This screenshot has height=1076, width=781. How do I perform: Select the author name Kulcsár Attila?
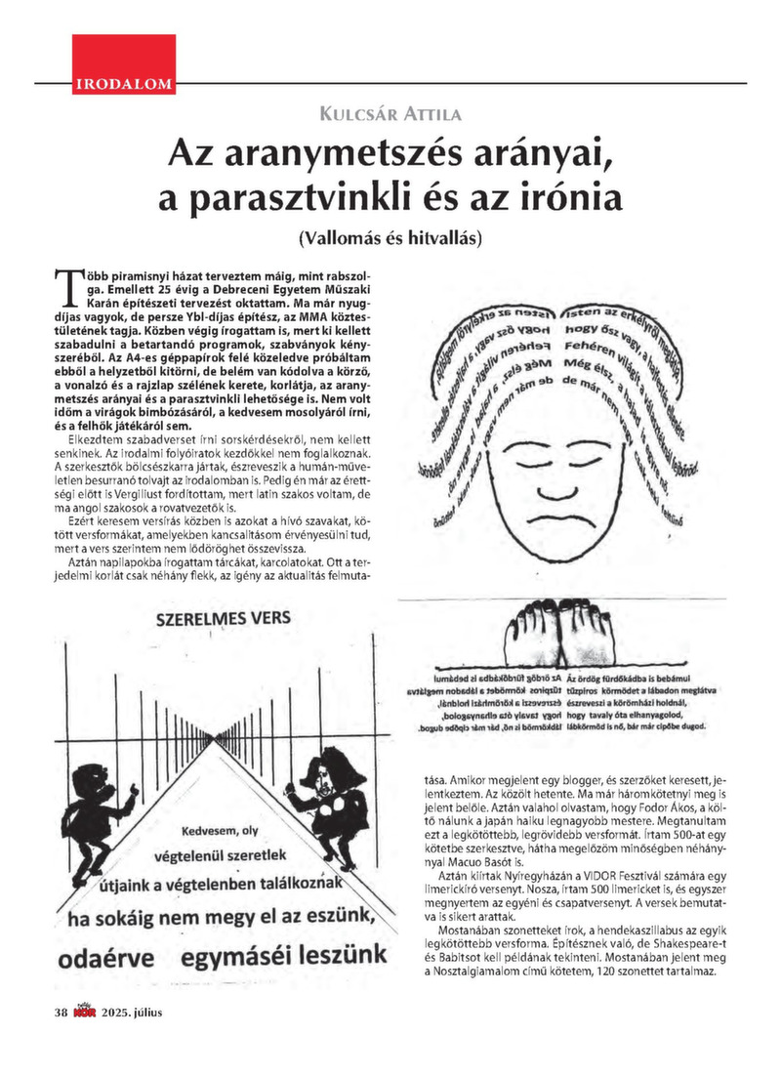(390, 114)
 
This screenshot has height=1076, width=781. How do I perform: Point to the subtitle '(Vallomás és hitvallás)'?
(390, 236)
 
